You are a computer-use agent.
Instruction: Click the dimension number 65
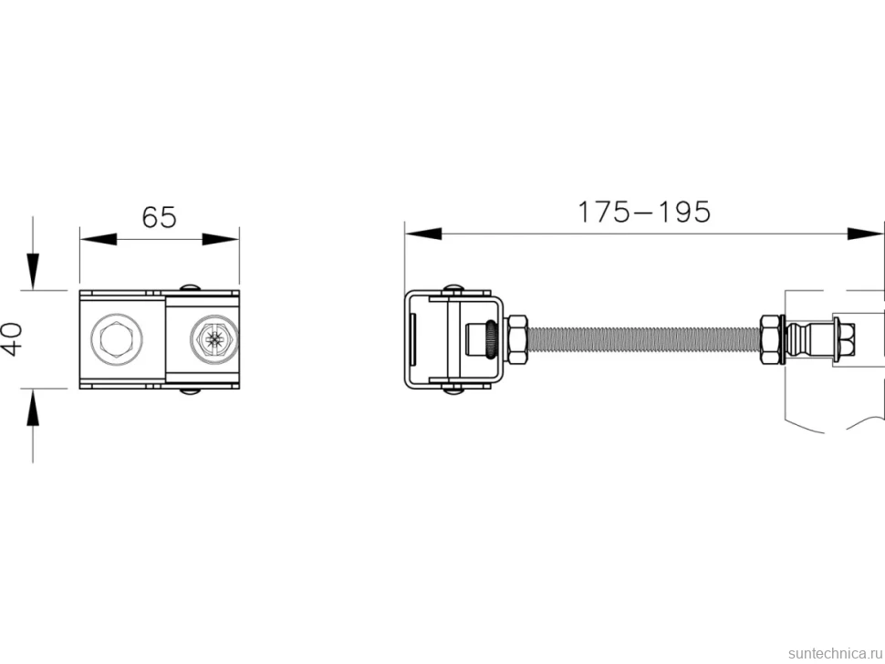point(159,217)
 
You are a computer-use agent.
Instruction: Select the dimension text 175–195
point(644,213)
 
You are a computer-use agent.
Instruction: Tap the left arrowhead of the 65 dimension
point(99,239)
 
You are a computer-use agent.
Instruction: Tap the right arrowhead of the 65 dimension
point(221,239)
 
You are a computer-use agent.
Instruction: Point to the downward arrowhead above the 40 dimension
point(33,272)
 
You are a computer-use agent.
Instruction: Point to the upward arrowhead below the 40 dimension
point(33,408)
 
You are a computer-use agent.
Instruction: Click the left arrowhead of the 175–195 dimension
point(423,233)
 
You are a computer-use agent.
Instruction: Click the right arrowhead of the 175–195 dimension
point(866,233)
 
